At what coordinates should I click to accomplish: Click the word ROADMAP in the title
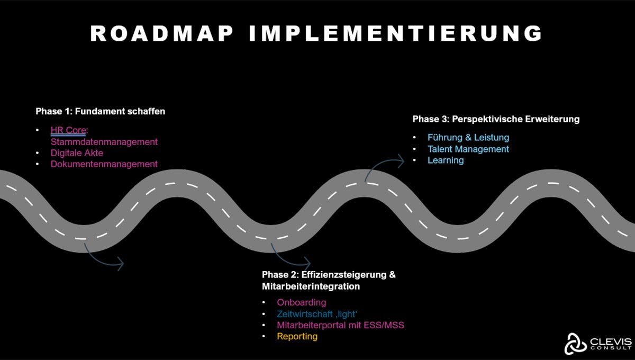pyautogui.click(x=162, y=33)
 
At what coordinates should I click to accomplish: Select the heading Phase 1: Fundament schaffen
pyautogui.click(x=101, y=111)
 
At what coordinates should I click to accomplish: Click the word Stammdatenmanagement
pyautogui.click(x=104, y=141)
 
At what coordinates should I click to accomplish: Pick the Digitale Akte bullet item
pyautogui.click(x=77, y=153)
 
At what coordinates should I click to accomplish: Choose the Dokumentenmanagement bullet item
pyautogui.click(x=104, y=164)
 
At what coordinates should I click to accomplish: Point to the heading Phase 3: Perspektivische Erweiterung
pyautogui.click(x=496, y=119)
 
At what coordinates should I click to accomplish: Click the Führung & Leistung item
pyautogui.click(x=468, y=138)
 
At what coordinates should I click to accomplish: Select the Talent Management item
pyautogui.click(x=468, y=149)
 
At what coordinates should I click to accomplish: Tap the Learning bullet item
pyautogui.click(x=446, y=160)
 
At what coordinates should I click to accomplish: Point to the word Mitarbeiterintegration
pyautogui.click(x=311, y=286)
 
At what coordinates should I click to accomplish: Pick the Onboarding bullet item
pyautogui.click(x=302, y=302)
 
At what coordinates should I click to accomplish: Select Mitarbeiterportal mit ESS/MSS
pyautogui.click(x=340, y=325)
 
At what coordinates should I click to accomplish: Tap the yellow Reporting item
pyautogui.click(x=297, y=336)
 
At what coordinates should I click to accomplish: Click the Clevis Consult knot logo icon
pyautogui.click(x=574, y=344)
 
